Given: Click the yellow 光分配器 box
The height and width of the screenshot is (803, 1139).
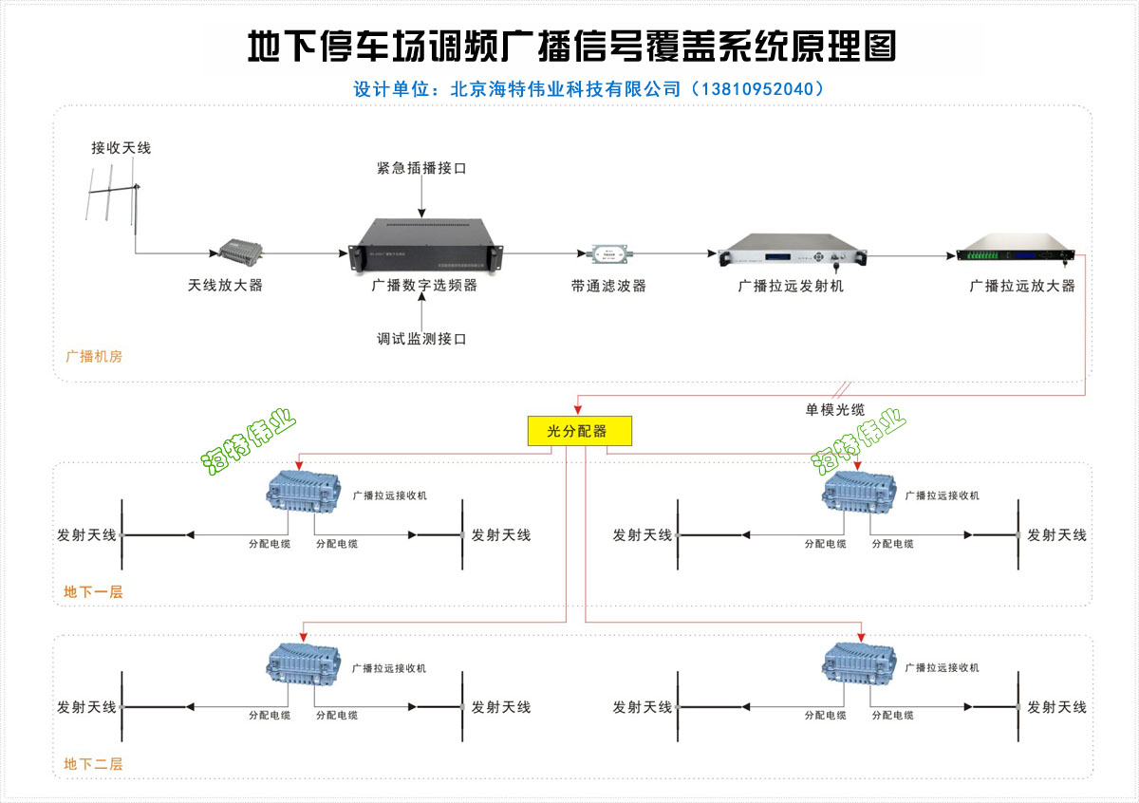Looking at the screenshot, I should point(578,431).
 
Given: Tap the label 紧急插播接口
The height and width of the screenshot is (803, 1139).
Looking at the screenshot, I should point(421,168).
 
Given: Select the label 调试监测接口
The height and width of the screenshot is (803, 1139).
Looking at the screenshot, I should point(421,339).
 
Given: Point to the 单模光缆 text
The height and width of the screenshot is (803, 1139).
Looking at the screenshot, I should point(834,410).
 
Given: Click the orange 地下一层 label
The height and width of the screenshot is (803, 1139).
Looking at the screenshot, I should point(93,592).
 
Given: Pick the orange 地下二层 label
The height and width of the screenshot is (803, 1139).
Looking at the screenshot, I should point(93,764).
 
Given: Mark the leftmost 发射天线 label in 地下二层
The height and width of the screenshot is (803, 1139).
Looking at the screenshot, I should point(86,707).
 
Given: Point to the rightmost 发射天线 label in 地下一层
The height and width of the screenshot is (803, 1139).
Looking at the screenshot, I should point(1056,535).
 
